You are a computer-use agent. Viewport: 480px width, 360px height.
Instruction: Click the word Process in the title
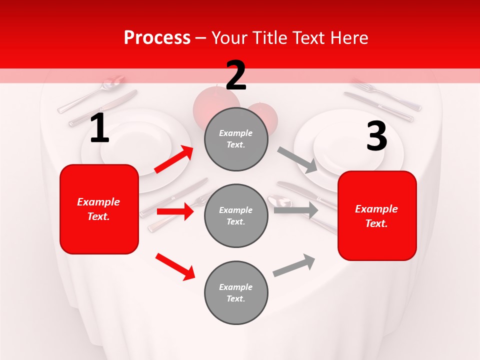point(157,38)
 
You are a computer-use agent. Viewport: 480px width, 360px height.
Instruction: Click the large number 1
point(99,128)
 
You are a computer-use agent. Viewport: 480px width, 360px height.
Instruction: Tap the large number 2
point(236,75)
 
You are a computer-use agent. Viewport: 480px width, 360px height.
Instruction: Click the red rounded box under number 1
point(99,209)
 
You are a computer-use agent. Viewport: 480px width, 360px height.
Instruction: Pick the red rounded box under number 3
point(377,215)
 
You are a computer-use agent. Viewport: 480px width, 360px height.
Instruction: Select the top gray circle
point(236,139)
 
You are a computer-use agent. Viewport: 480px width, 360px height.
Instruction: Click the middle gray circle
point(236,215)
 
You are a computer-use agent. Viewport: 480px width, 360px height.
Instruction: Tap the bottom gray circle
point(236,292)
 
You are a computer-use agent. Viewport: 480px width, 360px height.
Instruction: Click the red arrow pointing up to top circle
point(174,159)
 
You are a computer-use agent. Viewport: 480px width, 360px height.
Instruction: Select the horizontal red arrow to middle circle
point(175,211)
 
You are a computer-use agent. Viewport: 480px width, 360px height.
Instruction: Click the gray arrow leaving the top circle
point(297,160)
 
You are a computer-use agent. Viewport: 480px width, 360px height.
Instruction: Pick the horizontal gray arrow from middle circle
point(295,210)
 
